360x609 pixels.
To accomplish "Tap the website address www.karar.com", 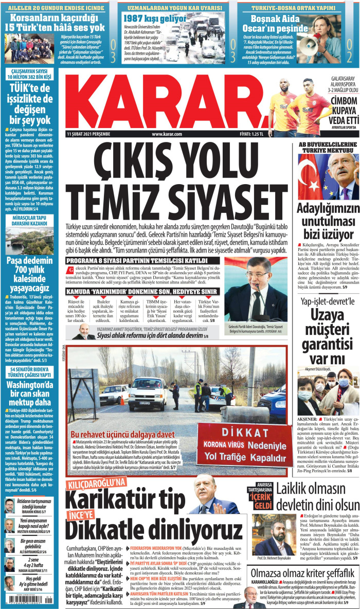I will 167,134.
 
